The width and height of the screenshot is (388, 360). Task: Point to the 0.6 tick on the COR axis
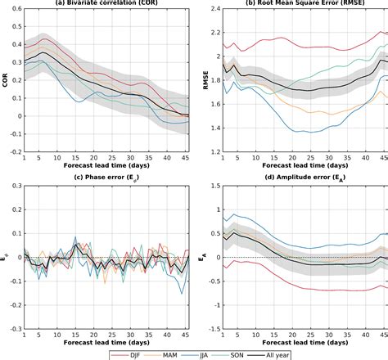tap(13, 9)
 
